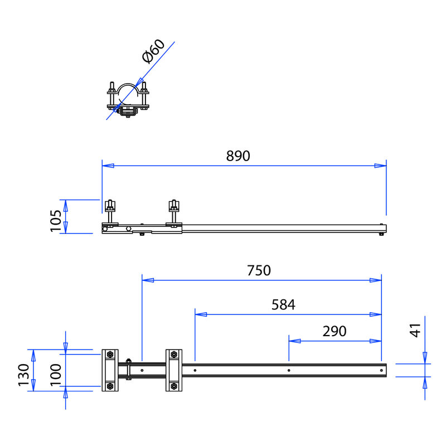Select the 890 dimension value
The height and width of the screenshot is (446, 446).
tap(239, 156)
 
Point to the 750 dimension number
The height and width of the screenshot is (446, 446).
tap(259, 270)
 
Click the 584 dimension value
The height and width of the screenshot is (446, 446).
tap(283, 304)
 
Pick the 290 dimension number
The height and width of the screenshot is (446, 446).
tap(334, 331)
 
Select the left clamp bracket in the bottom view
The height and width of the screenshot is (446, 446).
tap(110, 370)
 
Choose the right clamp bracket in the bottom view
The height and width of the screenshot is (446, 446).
tap(174, 370)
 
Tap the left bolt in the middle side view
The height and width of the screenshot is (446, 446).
tap(110, 212)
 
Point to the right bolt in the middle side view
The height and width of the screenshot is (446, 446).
tap(174, 212)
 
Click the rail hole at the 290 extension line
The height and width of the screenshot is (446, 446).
tap(288, 370)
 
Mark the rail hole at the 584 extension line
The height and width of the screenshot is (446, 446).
tap(195, 370)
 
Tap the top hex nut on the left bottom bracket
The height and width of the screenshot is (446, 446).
tap(110, 355)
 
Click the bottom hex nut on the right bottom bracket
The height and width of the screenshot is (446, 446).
tap(174, 386)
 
